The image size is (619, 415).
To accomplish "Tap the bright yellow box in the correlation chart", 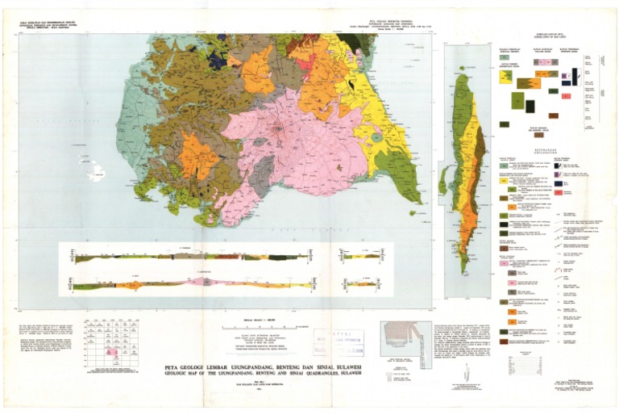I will pos(506,77).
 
